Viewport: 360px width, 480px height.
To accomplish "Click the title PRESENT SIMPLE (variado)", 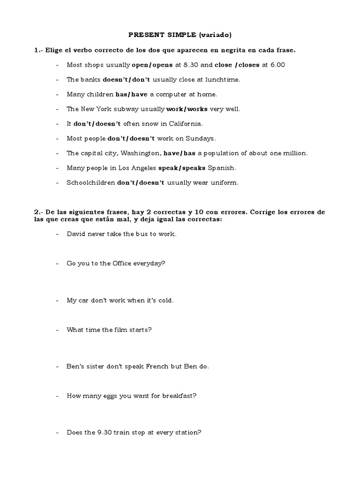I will click(180, 35).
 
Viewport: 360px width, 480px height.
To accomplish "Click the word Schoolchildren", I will click(90, 183).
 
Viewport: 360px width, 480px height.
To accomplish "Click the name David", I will click(76, 233).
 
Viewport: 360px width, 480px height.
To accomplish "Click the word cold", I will click(166, 300).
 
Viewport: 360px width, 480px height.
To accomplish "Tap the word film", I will click(122, 330).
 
